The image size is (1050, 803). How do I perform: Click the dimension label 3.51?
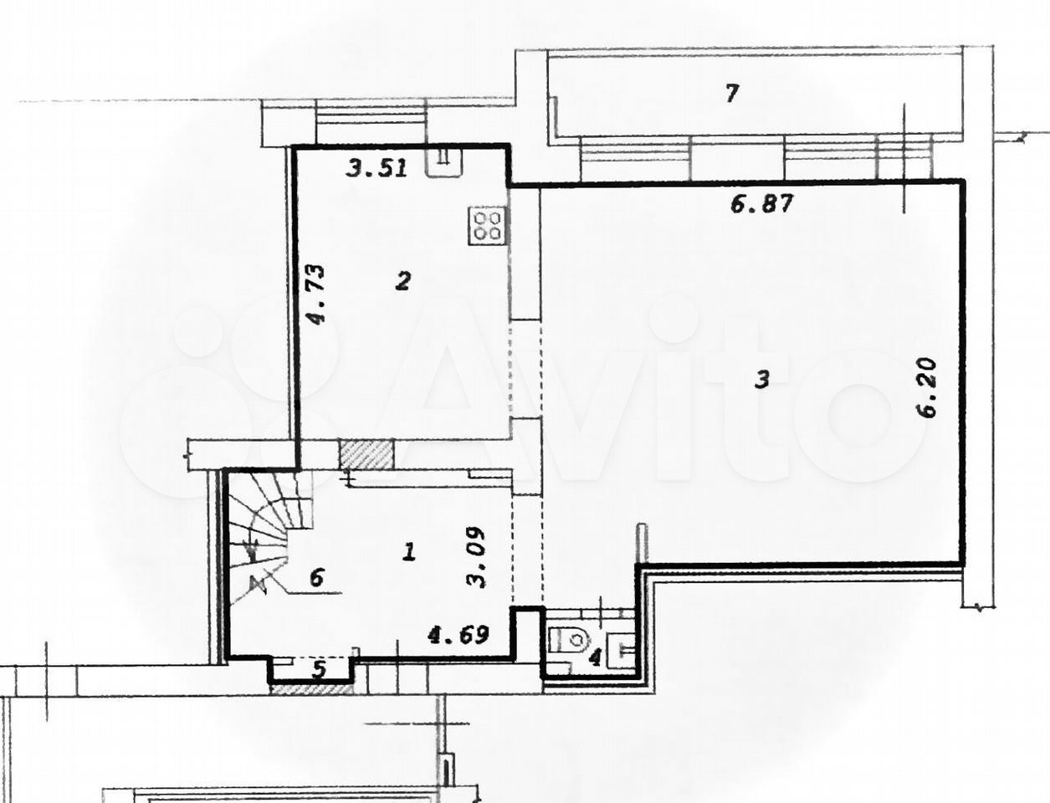tap(376, 168)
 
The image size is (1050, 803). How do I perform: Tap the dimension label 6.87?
tap(762, 204)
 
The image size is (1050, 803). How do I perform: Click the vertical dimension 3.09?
tap(476, 557)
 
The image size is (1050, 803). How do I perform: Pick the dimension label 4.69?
tap(458, 636)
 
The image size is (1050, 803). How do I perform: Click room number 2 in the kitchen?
tap(402, 281)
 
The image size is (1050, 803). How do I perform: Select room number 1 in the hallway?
tap(409, 552)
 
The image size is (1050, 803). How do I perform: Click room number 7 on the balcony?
tap(731, 93)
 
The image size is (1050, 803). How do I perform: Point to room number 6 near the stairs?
tap(317, 577)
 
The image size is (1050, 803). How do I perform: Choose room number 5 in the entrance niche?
tap(319, 669)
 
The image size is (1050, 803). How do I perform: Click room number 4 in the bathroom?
tap(595, 659)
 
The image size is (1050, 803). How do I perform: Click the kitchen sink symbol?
tap(445, 161)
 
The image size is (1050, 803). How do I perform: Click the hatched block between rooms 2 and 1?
tap(366, 454)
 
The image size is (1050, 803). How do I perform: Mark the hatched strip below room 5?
tap(311, 689)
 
